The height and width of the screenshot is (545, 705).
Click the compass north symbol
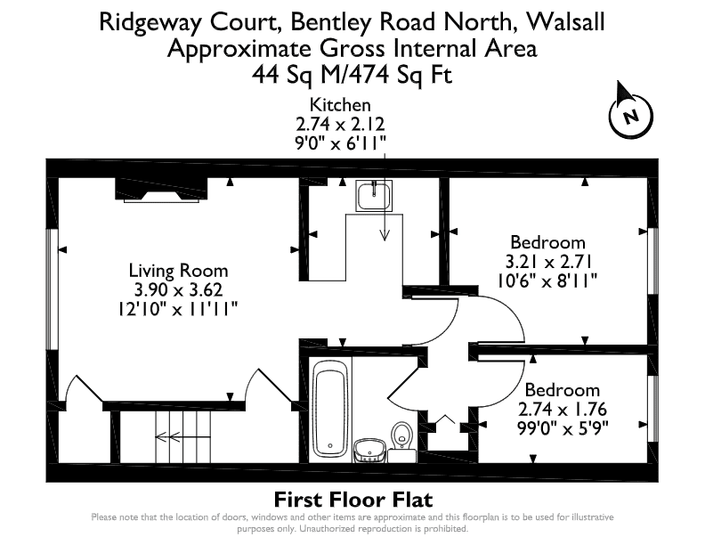pyautogui.click(x=630, y=113)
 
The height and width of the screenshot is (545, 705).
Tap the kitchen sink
pyautogui.click(x=374, y=196)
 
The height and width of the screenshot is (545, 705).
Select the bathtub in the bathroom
pyautogui.click(x=330, y=411)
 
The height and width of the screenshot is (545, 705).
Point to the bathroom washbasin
pyautogui.click(x=369, y=451)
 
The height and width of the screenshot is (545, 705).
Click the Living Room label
pyautogui.click(x=179, y=271)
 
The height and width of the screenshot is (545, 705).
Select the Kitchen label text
pyautogui.click(x=340, y=105)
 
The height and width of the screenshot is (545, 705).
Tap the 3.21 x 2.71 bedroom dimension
pyautogui.click(x=548, y=262)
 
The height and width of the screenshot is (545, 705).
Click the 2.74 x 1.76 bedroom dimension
pyautogui.click(x=563, y=410)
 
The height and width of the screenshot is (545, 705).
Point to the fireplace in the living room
pyautogui.click(x=161, y=190)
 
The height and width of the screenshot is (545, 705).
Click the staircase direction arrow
pyautogui.click(x=183, y=436)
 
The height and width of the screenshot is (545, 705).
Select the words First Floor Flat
pyautogui.click(x=353, y=500)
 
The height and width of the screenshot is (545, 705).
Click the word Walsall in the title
pyautogui.click(x=565, y=21)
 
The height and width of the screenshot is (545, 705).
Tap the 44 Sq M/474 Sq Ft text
pyautogui.click(x=352, y=74)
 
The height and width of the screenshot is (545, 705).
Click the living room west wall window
pyautogui.click(x=53, y=289)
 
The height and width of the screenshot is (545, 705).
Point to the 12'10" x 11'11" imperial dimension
pyautogui.click(x=178, y=309)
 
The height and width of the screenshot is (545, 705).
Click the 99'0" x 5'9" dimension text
pyautogui.click(x=563, y=428)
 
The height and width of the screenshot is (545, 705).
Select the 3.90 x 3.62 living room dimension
pyautogui.click(x=179, y=290)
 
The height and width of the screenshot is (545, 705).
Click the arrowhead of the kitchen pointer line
pyautogui.click(x=385, y=235)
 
